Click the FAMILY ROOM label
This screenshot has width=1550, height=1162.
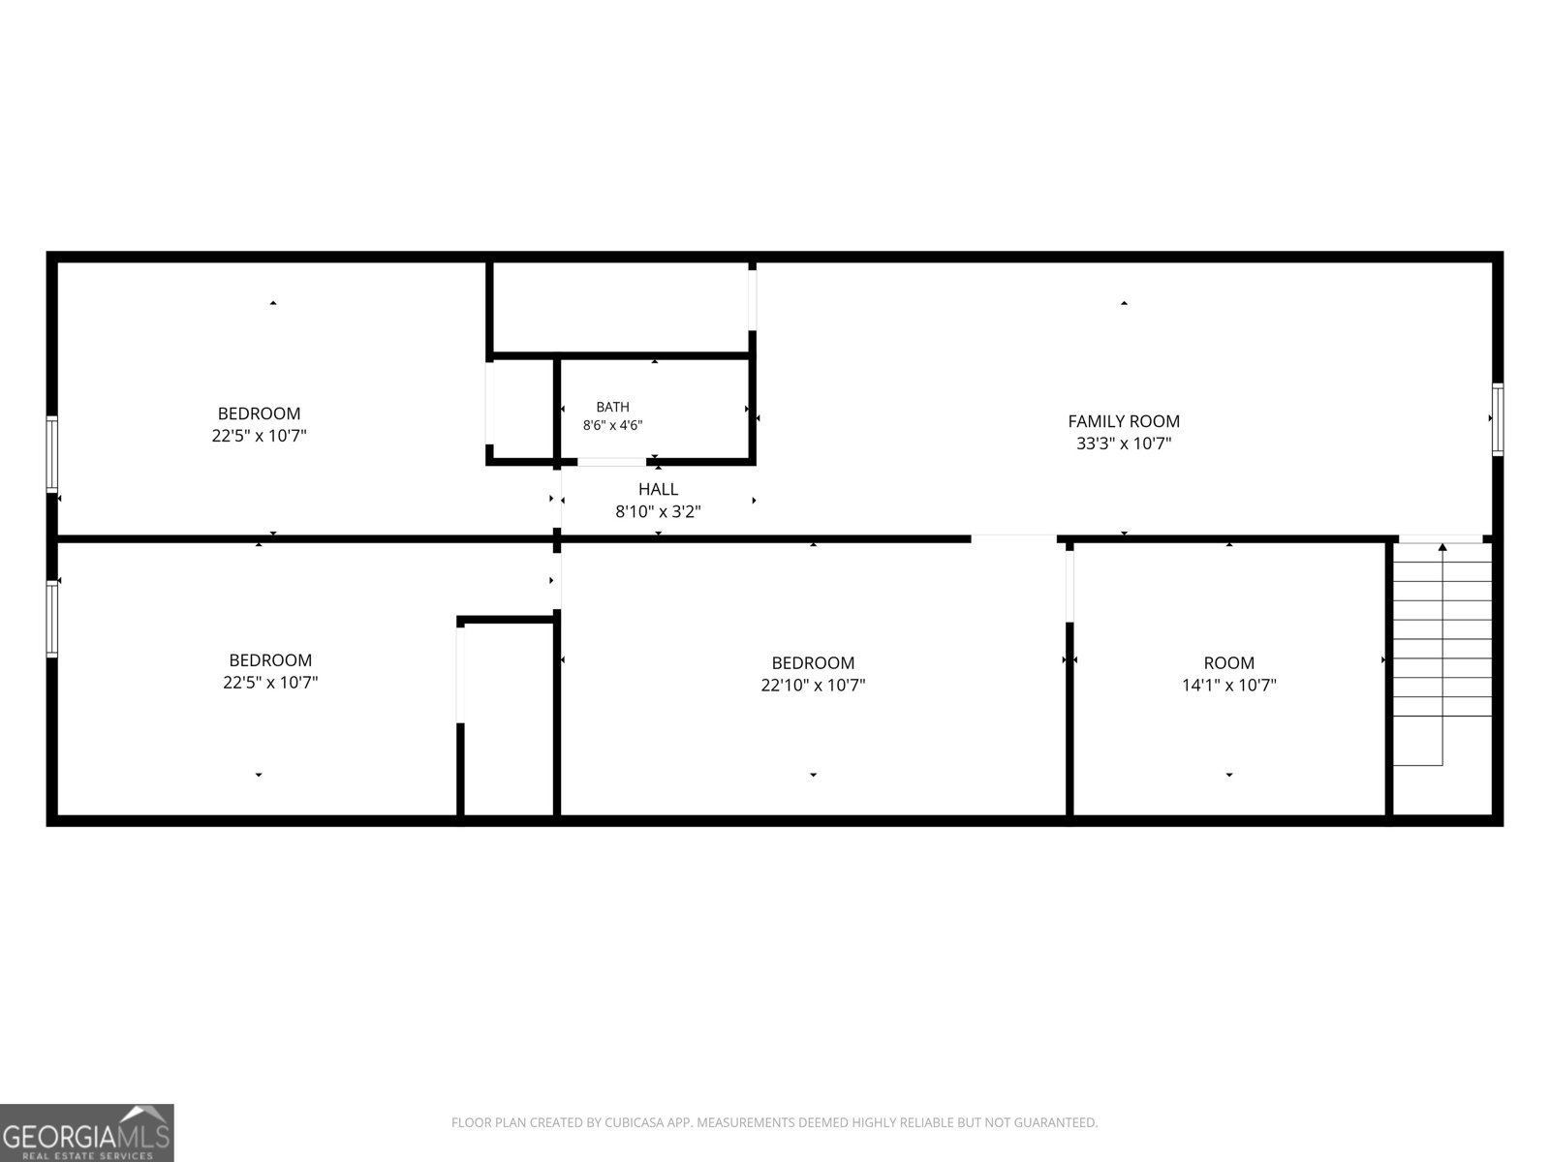click(x=1123, y=421)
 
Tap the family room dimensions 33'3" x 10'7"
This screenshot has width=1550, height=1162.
click(x=1123, y=443)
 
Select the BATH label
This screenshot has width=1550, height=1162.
click(x=612, y=407)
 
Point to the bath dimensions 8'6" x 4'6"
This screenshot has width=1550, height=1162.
click(x=612, y=425)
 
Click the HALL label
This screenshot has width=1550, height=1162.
click(x=658, y=489)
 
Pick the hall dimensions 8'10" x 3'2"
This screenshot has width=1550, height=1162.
click(x=658, y=511)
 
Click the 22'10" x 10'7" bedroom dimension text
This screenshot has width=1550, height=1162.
click(x=813, y=685)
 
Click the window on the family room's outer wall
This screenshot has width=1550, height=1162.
click(x=1497, y=419)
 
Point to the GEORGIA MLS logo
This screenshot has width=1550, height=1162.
click(x=87, y=1132)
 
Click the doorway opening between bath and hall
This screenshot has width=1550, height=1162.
click(x=611, y=462)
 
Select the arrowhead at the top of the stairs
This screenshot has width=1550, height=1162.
click(x=1442, y=547)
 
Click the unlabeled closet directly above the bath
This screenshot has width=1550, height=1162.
click(x=621, y=308)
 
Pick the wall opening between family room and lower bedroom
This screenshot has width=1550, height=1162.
click(x=1013, y=539)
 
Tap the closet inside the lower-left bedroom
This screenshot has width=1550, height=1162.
click(x=508, y=719)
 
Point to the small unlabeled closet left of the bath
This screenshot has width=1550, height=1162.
click(x=523, y=409)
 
